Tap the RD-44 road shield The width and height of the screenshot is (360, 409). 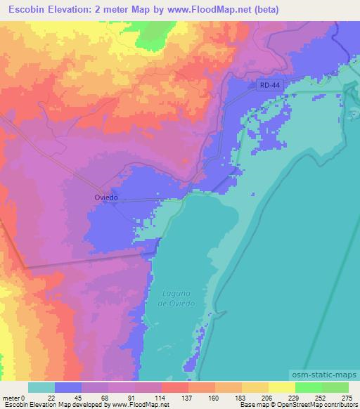point(264,84)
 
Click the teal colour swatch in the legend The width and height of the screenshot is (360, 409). point(41,387)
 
